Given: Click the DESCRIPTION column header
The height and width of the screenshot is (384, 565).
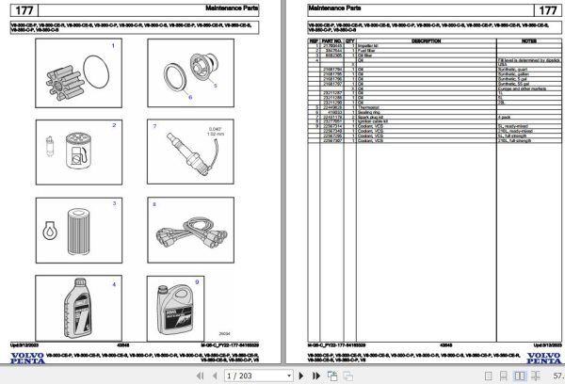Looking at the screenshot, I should point(426,41).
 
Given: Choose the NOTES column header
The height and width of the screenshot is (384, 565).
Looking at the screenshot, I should point(528,41).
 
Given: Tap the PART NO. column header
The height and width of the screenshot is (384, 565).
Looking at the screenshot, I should point(331,41).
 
